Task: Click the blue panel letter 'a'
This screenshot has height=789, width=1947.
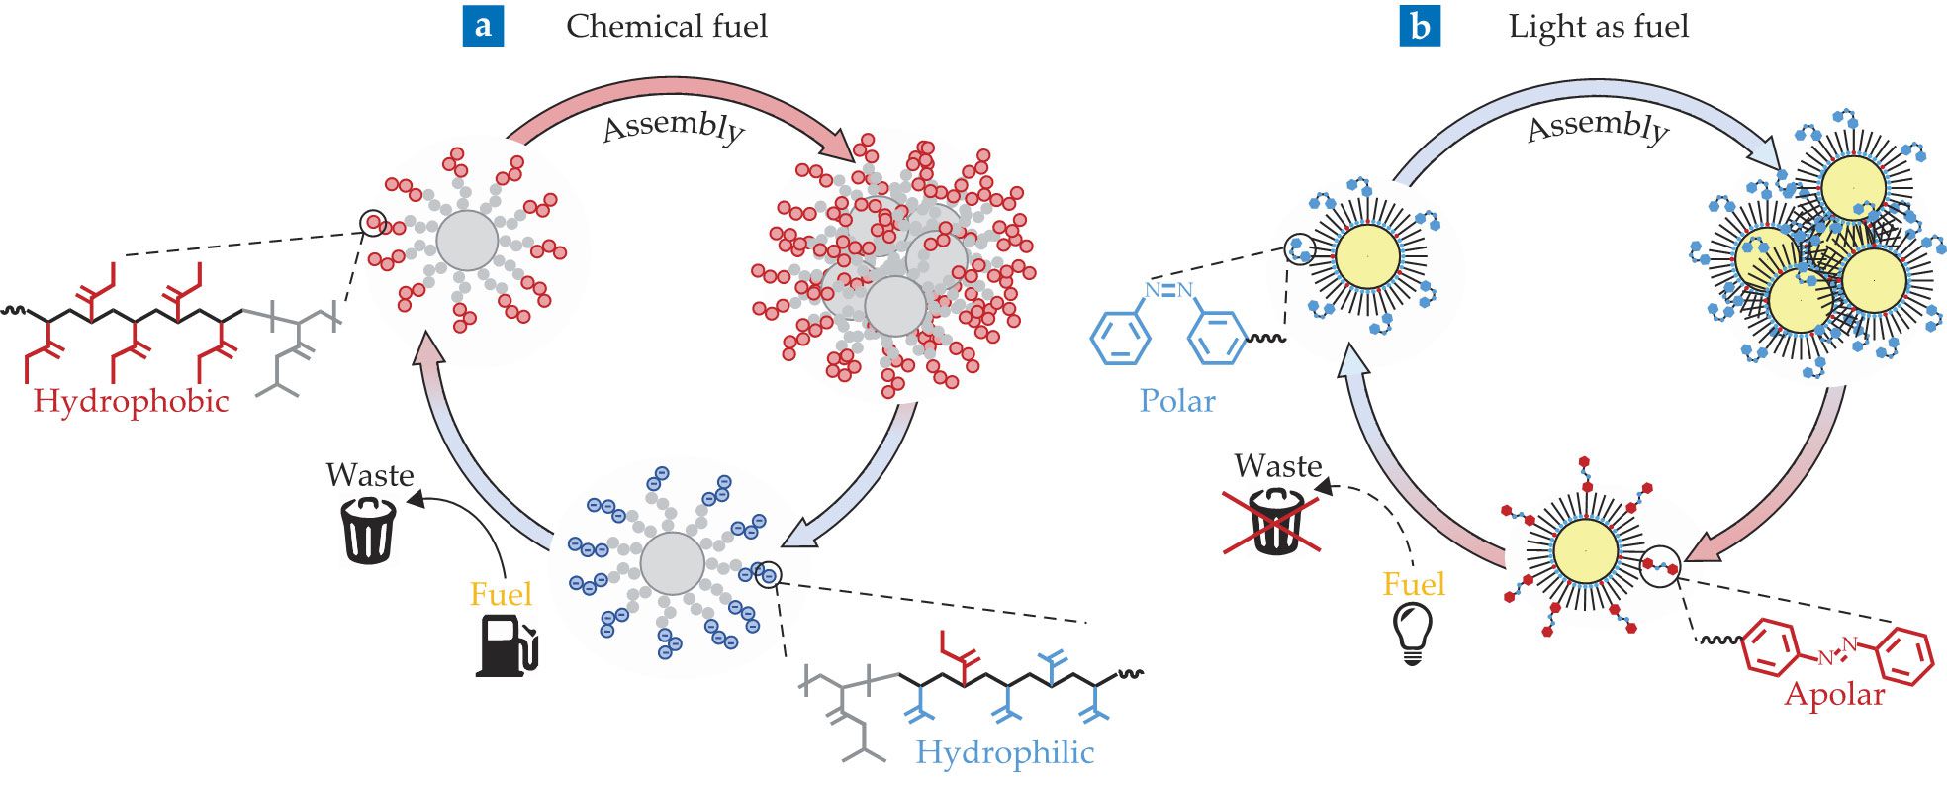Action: pos(483,26)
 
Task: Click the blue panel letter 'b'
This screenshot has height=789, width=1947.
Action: pos(1419,26)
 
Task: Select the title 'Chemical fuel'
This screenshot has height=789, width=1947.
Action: pos(666,26)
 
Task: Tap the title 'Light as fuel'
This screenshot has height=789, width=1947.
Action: pos(1598,26)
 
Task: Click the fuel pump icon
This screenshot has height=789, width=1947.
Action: pos(506,645)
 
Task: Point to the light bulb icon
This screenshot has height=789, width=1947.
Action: pos(1412,631)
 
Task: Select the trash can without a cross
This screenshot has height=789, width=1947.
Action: pos(368,529)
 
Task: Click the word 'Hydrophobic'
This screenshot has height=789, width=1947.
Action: pos(131,401)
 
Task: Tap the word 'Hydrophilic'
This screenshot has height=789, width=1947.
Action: pos(1004,752)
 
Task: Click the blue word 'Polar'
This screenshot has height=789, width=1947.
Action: pos(1176,401)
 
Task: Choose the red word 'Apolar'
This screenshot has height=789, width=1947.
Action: pos(1834,694)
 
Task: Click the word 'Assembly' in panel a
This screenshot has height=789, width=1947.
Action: pos(674,127)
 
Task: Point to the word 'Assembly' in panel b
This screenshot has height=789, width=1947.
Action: pos(1598,127)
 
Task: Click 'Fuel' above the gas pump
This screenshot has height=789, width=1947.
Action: pos(501,594)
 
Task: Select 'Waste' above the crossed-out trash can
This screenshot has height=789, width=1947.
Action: pos(1278,466)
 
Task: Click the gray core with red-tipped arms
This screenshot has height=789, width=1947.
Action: pos(467,240)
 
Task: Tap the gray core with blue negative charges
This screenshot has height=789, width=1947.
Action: pos(672,564)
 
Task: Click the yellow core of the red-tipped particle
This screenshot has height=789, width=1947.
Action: pos(1586,551)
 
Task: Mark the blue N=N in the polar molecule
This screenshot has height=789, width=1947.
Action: pos(1168,290)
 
